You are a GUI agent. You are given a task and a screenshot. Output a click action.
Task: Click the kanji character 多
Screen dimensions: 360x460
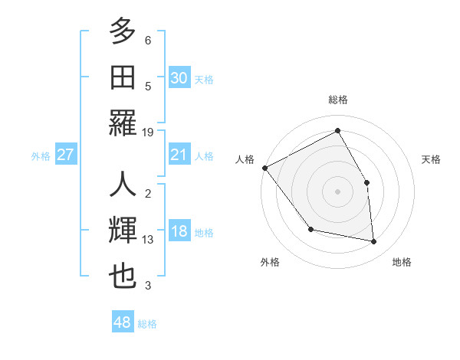pyautogui.click(x=123, y=33)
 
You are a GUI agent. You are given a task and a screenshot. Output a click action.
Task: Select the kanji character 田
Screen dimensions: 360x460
pyautogui.click(x=123, y=77)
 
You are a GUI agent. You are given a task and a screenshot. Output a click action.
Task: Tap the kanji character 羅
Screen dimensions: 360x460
pyautogui.click(x=123, y=122)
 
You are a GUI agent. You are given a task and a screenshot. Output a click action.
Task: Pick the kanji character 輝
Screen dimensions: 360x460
pyautogui.click(x=123, y=231)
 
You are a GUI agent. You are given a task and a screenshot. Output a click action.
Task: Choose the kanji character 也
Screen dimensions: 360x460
pyautogui.click(x=123, y=277)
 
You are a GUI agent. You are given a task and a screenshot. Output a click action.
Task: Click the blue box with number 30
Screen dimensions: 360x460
pyautogui.click(x=179, y=77)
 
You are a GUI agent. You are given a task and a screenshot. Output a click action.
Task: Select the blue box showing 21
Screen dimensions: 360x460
pyautogui.click(x=179, y=155)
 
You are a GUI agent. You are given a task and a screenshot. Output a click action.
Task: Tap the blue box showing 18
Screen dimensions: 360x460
pyautogui.click(x=179, y=232)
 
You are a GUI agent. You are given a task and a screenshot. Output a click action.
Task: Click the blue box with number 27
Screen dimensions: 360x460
pyautogui.click(x=65, y=155)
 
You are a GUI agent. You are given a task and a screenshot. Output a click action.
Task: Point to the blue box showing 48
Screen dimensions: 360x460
pyautogui.click(x=122, y=322)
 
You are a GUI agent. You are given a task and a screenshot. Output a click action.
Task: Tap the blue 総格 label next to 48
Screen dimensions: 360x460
pyautogui.click(x=147, y=324)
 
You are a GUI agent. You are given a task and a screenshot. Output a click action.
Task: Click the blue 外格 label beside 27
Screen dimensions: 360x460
pyautogui.click(x=41, y=156)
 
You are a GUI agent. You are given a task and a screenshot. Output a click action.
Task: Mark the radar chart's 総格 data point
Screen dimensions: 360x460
pyautogui.click(x=337, y=130)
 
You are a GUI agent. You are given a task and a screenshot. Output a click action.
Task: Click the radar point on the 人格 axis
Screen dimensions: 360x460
pyautogui.click(x=264, y=168)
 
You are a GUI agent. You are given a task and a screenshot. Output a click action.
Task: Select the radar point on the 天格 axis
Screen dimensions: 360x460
pyautogui.click(x=366, y=182)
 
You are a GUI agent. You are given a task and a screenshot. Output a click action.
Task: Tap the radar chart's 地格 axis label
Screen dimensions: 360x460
pyautogui.click(x=402, y=262)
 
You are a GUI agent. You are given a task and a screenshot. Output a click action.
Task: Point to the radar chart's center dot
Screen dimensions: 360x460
pyautogui.click(x=337, y=191)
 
